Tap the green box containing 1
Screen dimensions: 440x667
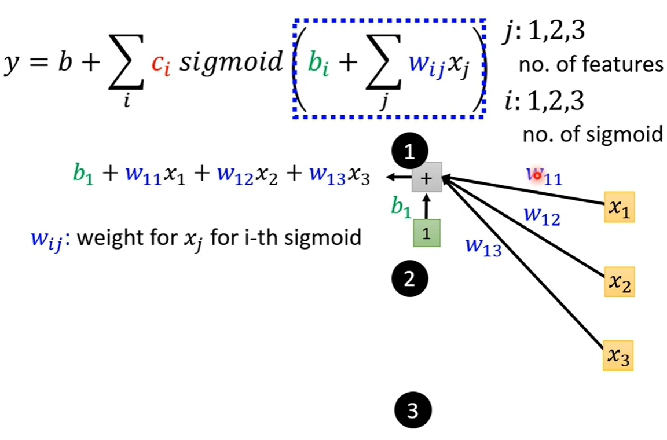pos(427,233)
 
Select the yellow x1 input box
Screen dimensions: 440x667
pos(619,207)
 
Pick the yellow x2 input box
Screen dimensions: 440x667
pos(619,282)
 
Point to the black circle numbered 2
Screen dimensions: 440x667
pos(409,279)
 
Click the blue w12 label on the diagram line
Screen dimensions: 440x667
pos(541,216)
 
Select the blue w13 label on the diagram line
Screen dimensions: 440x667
pos(483,247)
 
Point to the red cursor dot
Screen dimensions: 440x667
pos(537,174)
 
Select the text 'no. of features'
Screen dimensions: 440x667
pos(591,64)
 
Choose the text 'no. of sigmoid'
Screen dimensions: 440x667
pos(592,135)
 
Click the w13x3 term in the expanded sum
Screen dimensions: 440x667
pos(339,175)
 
